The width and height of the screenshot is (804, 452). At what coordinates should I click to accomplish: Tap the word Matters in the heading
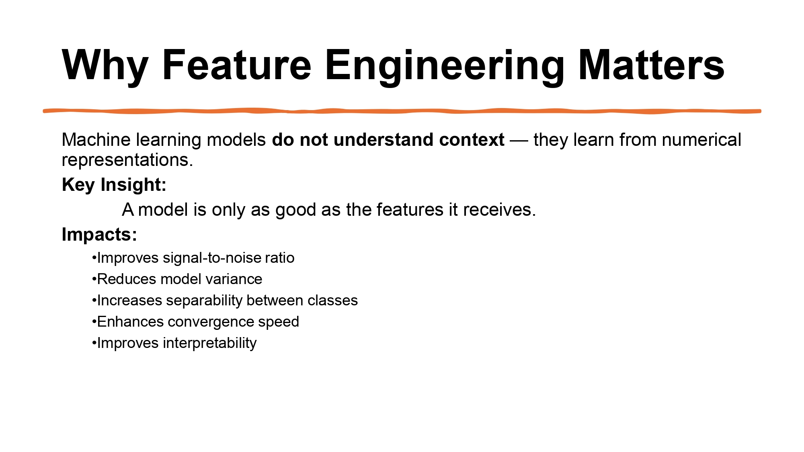pos(651,65)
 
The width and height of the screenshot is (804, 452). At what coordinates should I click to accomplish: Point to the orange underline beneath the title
pos(402,111)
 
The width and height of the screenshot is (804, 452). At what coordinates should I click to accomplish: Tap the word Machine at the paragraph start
pos(96,140)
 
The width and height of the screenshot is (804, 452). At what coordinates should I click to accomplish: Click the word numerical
pos(701,140)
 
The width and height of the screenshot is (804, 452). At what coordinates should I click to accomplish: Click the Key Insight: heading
pos(114,185)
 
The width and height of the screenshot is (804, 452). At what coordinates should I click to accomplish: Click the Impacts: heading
pos(99,234)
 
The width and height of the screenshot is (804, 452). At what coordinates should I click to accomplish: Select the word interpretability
pos(209,343)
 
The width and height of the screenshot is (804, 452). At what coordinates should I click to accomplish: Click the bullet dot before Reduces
pos(94,279)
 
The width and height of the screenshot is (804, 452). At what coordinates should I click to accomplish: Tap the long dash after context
pos(519,140)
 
